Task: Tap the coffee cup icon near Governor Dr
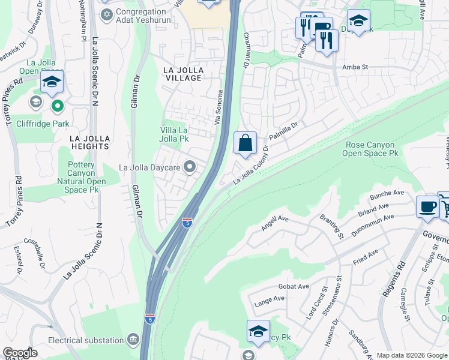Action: [427, 206]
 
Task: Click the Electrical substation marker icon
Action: [133, 340]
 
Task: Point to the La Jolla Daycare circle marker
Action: [190, 167]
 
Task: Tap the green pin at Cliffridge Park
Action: [58, 107]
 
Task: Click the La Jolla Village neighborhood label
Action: [183, 74]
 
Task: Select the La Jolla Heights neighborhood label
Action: [89, 142]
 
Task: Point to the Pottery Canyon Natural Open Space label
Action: [81, 177]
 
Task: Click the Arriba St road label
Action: [355, 68]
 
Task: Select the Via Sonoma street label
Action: [220, 107]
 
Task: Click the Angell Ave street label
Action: [275, 224]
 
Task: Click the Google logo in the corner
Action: [20, 353]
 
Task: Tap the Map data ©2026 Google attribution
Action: [412, 355]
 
